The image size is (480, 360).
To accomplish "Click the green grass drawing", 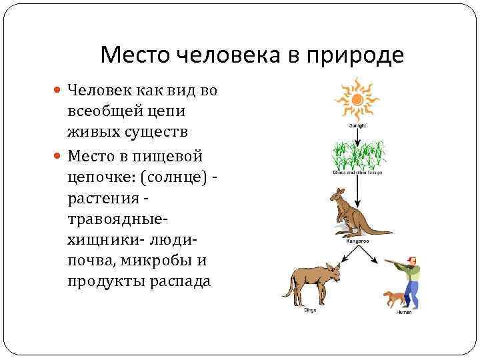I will click(359, 155).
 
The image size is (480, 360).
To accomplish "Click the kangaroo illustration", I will click(353, 213).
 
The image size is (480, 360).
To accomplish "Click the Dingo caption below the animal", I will click(310, 310).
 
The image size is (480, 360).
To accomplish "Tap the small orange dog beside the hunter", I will click(393, 299).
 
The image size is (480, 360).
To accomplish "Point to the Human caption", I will click(404, 312).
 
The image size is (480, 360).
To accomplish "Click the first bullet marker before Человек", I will click(57, 91).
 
